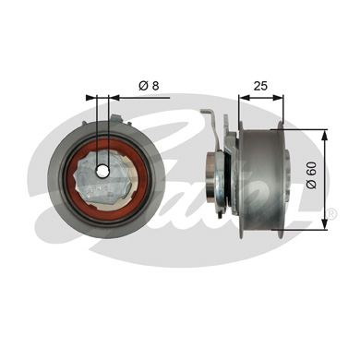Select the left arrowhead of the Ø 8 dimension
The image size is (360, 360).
click(90, 95)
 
